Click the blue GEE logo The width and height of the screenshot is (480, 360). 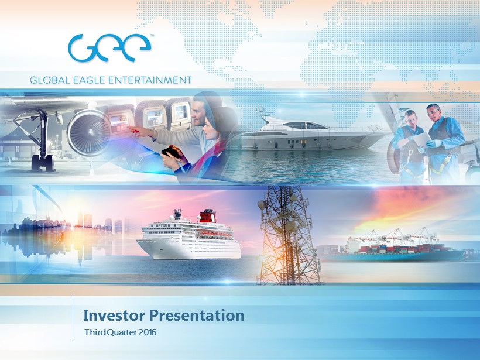pos(109,48)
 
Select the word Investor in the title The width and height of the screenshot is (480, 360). pos(114,316)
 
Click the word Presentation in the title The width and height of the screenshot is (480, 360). pos(197,316)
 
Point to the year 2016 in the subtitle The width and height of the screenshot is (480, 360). pos(148,332)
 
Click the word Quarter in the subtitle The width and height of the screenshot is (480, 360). pos(122,332)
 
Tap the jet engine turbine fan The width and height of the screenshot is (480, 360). pos(89,132)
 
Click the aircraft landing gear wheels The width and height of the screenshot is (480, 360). pos(43,163)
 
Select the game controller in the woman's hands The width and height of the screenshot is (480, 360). pos(171,152)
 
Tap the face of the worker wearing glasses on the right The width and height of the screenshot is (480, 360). pos(433,112)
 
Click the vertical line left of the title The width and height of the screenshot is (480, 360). pos(73,317)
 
